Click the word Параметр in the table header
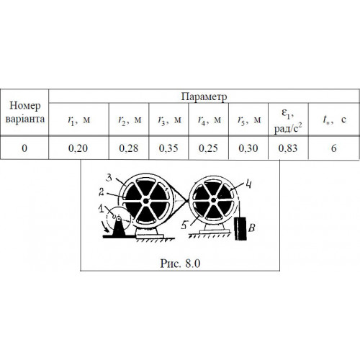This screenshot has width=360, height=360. click(x=204, y=96)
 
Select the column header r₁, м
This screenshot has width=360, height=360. click(x=79, y=120)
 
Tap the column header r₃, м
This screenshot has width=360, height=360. click(x=168, y=120)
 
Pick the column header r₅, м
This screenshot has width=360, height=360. click(x=248, y=120)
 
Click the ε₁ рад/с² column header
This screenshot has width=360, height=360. click(x=288, y=120)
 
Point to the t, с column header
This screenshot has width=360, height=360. click(x=334, y=120)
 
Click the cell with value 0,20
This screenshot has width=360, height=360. click(x=78, y=148)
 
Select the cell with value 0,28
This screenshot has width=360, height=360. click(x=129, y=148)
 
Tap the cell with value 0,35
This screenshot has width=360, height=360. click(x=168, y=148)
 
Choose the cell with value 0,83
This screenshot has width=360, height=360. click(x=288, y=148)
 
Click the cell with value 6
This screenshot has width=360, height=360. click(x=333, y=148)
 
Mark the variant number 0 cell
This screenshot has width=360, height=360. click(x=24, y=148)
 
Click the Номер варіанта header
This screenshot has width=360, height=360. click(x=25, y=112)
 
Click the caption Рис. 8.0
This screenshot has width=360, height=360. click(x=180, y=264)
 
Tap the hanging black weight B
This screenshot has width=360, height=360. click(x=240, y=228)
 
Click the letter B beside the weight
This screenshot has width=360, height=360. click(x=252, y=228)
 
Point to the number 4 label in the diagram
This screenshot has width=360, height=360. click(x=248, y=184)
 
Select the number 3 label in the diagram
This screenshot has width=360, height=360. click(x=109, y=178)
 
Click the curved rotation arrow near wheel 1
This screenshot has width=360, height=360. click(x=105, y=227)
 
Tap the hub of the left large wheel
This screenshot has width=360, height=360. click(x=145, y=201)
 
